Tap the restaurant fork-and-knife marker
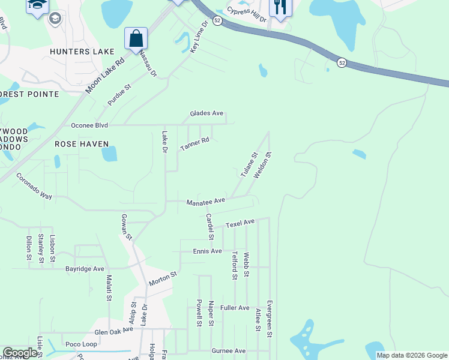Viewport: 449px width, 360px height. tap(280, 7)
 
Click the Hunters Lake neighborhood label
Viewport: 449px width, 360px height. tap(82, 52)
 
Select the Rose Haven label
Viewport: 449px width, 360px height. tap(82, 144)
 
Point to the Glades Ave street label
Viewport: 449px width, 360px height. tap(206, 113)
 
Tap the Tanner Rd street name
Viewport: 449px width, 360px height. tap(194, 144)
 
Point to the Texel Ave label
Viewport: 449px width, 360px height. tap(240, 223)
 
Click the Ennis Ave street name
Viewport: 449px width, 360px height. tap(208, 251)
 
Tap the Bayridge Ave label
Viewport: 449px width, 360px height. tap(85, 268)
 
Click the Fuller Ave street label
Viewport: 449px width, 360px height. tap(235, 308)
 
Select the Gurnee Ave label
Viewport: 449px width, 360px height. tap(229, 350)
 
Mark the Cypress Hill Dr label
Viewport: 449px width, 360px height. tap(246, 14)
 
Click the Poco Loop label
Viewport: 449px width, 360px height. tap(81, 344)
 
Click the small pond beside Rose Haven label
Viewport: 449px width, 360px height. tap(109, 154)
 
